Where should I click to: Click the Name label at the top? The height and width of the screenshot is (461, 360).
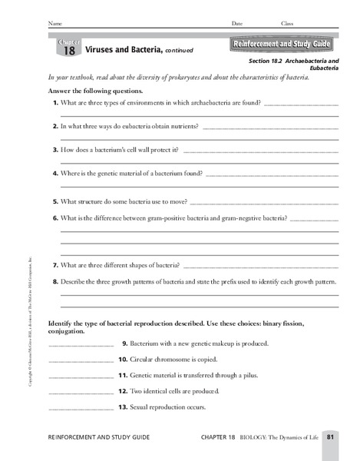[x=55, y=25]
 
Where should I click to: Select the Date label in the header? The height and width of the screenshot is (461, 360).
[x=236, y=25]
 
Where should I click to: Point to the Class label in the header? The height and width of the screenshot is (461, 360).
[x=286, y=25]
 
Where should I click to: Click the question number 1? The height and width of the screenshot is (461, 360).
[x=56, y=102]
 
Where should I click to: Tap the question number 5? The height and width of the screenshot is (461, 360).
[x=56, y=201]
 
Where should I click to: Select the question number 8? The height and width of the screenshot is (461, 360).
[x=56, y=282]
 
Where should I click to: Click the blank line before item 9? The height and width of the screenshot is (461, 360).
[x=81, y=345]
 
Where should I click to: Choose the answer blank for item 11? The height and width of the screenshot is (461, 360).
[x=81, y=377]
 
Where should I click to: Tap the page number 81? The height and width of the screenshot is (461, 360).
[x=329, y=437]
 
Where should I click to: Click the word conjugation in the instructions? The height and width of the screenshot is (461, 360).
[x=66, y=332]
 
